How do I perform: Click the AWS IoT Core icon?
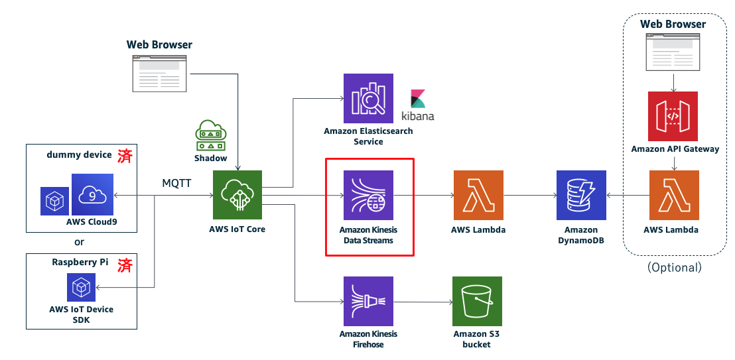click(x=237, y=195)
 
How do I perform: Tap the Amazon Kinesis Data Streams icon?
click(x=368, y=195)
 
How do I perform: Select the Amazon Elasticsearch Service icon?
click(x=368, y=98)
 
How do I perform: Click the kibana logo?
click(x=418, y=105)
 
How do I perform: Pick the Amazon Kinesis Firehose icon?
click(x=368, y=301)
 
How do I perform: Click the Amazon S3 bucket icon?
click(x=477, y=301)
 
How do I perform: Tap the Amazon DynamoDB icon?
click(x=581, y=195)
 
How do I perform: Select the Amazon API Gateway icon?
click(x=673, y=116)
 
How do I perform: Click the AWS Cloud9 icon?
click(x=92, y=194)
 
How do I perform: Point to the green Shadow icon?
click(x=211, y=135)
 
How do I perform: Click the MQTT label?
click(x=176, y=183)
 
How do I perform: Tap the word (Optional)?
click(x=675, y=267)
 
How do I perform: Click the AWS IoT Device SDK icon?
click(x=81, y=287)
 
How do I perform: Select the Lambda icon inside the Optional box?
click(x=674, y=195)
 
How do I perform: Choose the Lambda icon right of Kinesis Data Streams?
click(x=478, y=195)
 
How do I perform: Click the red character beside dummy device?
click(x=125, y=156)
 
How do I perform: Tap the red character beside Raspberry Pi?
click(x=125, y=265)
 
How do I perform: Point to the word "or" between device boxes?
click(x=80, y=243)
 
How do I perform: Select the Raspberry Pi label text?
click(x=80, y=262)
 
